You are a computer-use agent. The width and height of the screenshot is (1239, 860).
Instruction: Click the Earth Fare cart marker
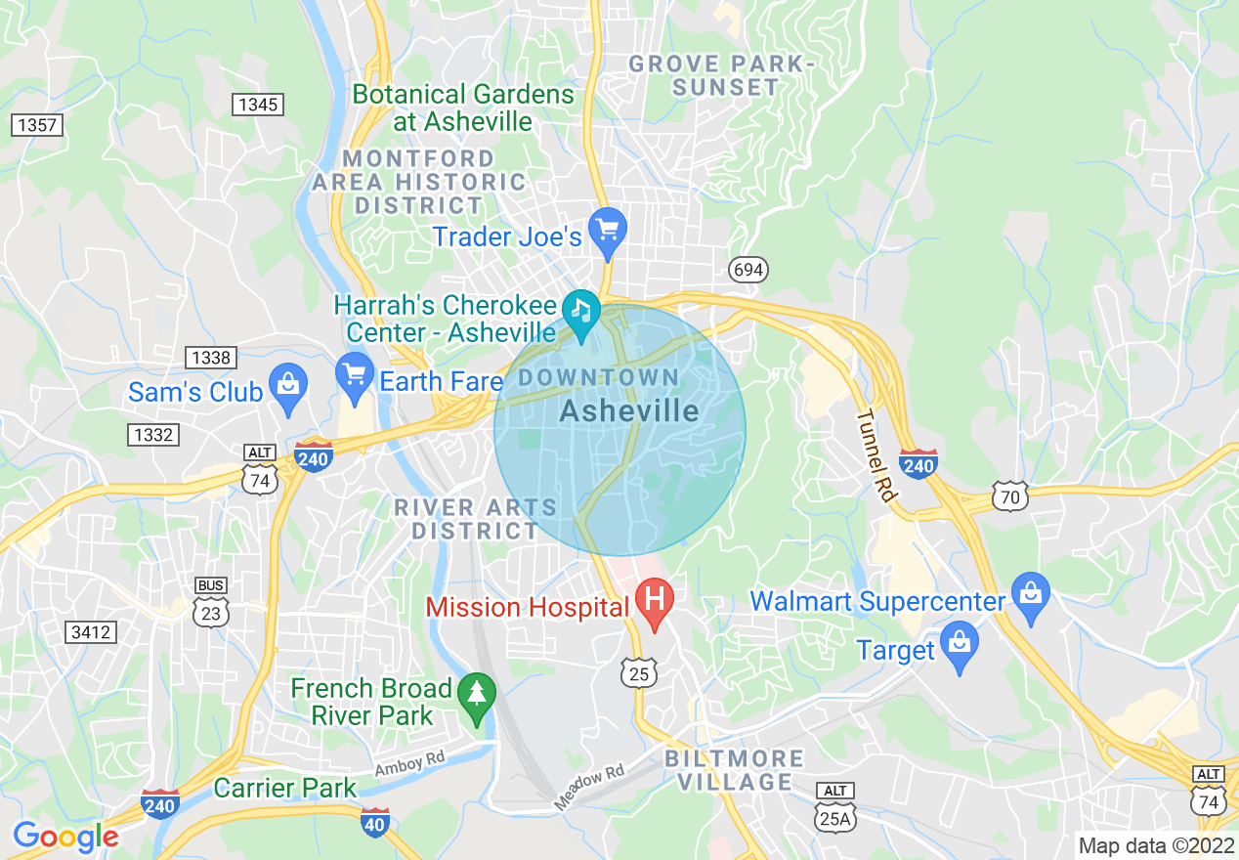click(353, 375)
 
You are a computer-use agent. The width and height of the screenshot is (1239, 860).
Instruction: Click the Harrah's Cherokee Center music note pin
click(582, 313)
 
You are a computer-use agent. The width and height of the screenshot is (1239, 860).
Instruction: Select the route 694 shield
click(748, 270)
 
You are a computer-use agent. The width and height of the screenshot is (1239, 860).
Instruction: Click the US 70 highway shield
click(1009, 496)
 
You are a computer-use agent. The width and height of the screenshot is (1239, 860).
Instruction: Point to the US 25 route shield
click(638, 672)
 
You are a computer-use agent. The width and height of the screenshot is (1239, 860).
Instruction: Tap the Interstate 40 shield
click(374, 822)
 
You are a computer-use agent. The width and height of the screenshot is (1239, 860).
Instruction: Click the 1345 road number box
click(258, 105)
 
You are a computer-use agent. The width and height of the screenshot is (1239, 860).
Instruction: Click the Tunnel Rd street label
click(876, 455)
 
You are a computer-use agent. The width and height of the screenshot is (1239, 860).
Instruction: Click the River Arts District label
click(475, 519)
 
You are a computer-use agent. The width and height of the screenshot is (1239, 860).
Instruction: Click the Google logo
click(65, 837)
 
